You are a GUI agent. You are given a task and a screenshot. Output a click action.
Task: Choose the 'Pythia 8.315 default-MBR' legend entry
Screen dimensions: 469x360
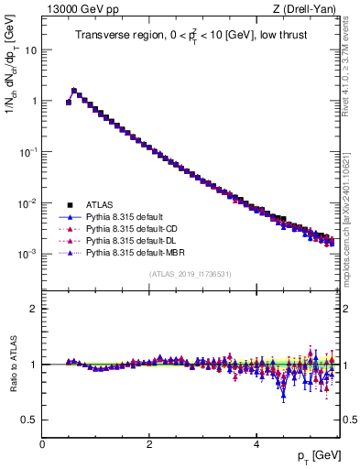click(127, 251)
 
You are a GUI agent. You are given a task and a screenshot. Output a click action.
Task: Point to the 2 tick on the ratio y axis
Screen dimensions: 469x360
click(35, 309)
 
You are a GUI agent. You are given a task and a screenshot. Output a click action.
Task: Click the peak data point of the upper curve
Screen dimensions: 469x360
click(74, 91)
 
